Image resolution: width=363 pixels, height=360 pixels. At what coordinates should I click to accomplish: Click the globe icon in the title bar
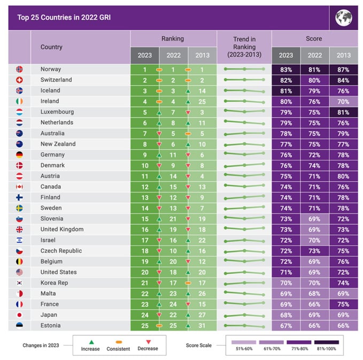[x=343, y=18]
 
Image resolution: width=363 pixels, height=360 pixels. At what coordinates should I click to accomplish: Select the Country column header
[x=51, y=47]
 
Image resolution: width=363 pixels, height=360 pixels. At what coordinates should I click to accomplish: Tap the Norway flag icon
[x=19, y=70]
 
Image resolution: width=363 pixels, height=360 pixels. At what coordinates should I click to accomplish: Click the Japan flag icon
[x=19, y=315]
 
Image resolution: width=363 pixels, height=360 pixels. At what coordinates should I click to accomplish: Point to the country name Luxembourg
[x=57, y=112]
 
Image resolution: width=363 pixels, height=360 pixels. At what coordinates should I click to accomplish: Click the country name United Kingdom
[x=61, y=229]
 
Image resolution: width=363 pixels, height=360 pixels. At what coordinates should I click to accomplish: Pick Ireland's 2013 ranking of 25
[x=202, y=101]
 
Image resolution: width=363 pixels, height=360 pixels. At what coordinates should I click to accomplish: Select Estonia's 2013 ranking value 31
[x=202, y=326]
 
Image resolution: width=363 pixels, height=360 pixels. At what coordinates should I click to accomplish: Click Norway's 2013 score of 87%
[x=343, y=70]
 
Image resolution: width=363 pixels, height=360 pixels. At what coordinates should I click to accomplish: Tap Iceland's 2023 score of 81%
[x=286, y=90]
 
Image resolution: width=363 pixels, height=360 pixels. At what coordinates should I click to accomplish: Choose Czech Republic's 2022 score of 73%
[x=314, y=251]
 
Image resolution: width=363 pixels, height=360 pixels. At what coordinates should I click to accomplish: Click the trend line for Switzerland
[x=244, y=80]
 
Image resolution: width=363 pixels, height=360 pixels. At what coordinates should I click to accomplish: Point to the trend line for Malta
[x=244, y=294]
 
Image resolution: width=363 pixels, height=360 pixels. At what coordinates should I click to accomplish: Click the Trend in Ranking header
[x=244, y=47]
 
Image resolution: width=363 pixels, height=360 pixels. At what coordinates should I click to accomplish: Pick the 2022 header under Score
[x=314, y=55]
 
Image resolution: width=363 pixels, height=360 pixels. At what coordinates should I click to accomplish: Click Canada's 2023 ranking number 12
[x=144, y=187]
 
